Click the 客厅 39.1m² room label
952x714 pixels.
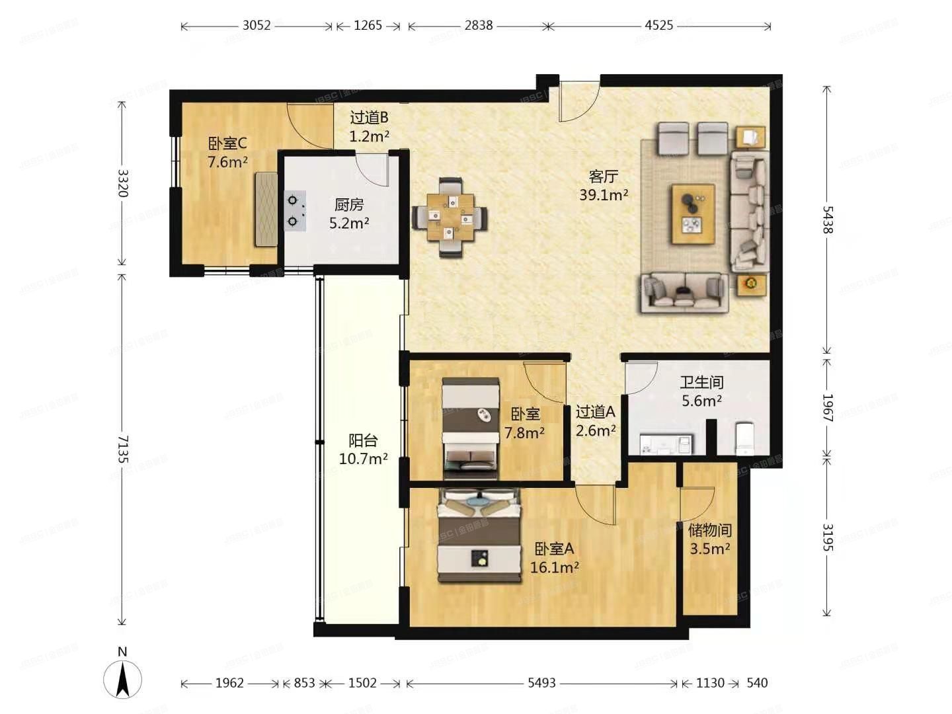603,186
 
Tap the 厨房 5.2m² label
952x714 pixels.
349,214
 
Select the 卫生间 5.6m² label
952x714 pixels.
701,391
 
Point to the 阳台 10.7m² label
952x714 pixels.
363,450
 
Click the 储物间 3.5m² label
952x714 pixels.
709,539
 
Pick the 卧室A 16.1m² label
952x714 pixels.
554,558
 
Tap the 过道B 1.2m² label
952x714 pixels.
369,127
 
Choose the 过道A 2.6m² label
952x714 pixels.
595,421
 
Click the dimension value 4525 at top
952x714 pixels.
658,25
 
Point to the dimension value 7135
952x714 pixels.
122,448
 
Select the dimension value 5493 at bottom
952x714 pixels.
541,683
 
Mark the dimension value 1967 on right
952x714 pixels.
827,407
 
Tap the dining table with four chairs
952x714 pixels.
450,217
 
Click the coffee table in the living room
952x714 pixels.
693,214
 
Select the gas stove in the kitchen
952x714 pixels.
295,211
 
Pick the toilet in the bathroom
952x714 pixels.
745,439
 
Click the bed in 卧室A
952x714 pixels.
479,535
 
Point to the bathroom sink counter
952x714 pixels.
665,444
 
